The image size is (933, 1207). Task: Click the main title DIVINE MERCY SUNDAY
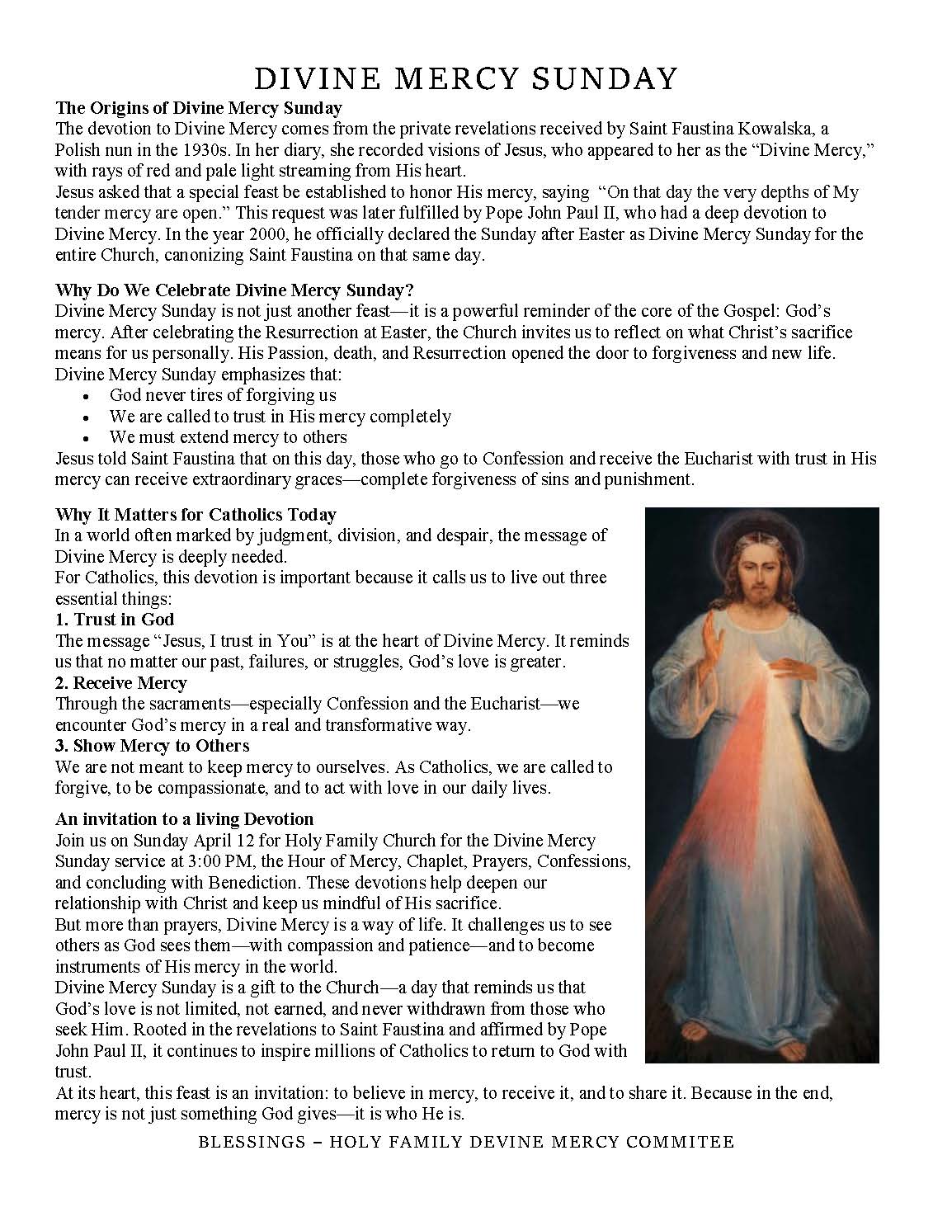coord(466,78)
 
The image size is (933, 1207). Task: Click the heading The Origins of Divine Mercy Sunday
coord(199,108)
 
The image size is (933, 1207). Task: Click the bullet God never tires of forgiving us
coord(223,395)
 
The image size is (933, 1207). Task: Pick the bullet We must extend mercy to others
coord(228,437)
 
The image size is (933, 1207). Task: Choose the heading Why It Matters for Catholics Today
coord(196,516)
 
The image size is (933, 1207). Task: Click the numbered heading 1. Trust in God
coord(115,620)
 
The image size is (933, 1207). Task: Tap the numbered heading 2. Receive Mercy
coord(121,683)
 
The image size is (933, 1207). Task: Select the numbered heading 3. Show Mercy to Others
coord(152,746)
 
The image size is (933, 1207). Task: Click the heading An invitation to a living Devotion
coord(185,819)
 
